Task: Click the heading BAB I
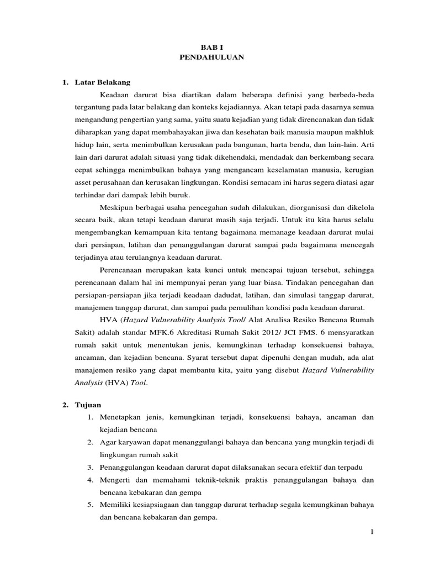coord(212,48)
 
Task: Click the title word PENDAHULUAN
coord(212,57)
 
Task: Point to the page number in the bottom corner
coord(372,531)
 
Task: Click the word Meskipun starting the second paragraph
coord(116,208)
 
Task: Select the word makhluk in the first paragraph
coord(359,133)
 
